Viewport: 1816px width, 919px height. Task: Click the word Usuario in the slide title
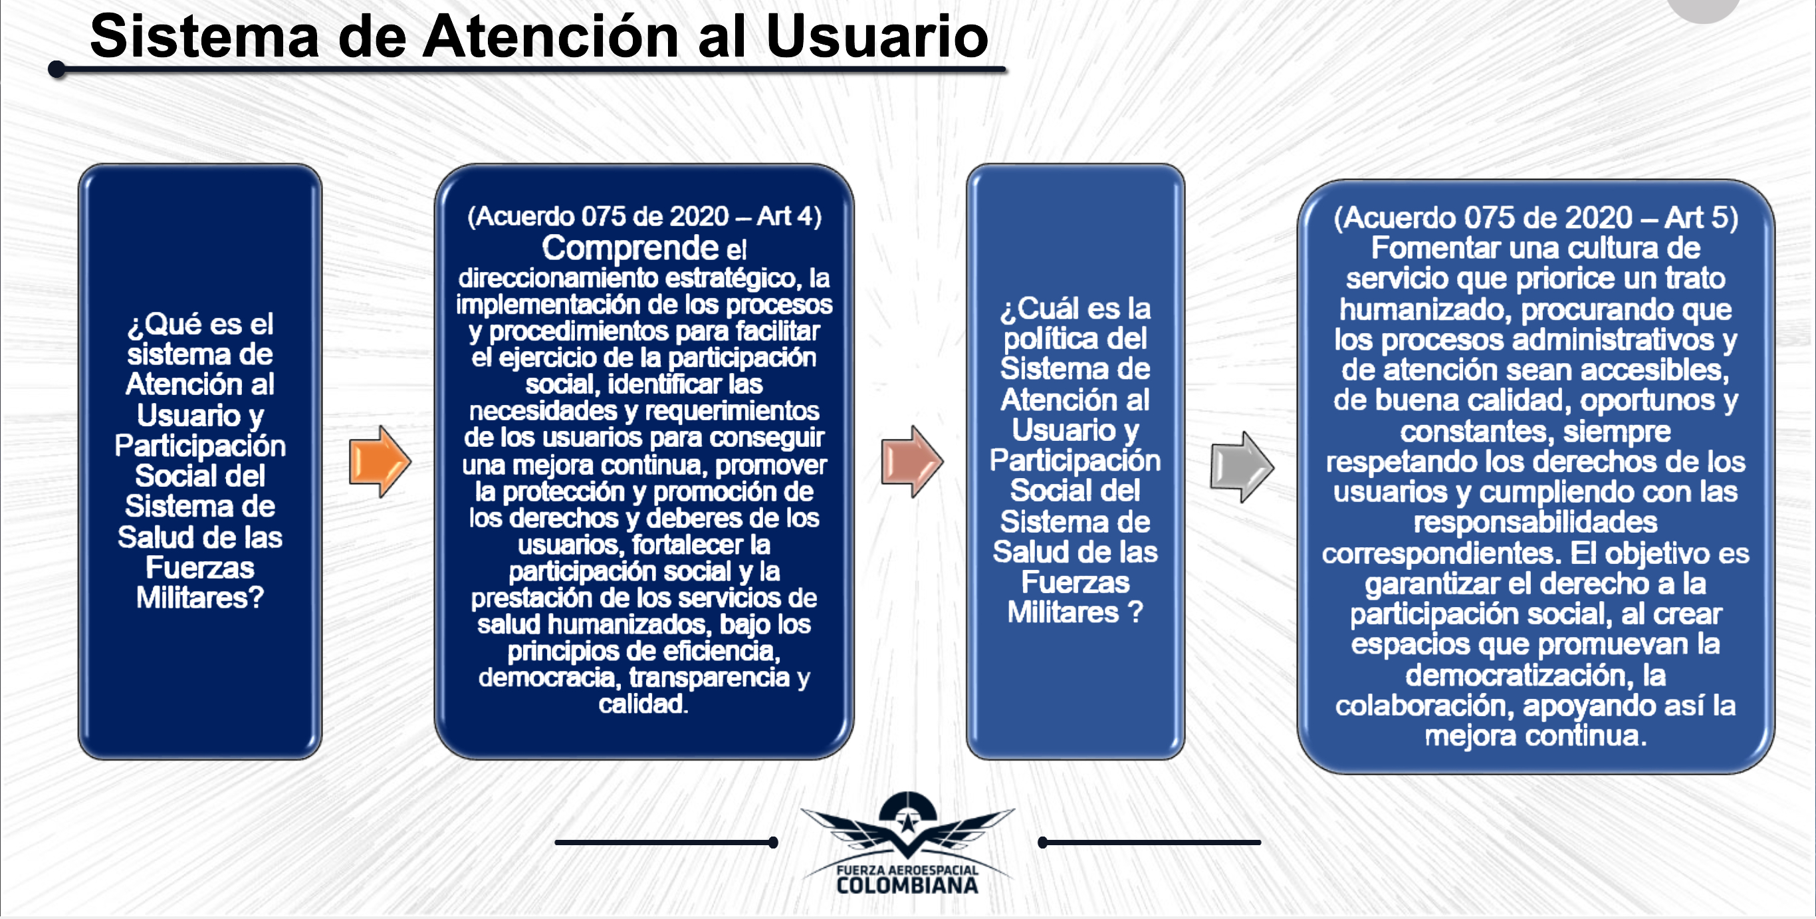coord(876,37)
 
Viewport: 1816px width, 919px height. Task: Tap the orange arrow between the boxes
coord(380,462)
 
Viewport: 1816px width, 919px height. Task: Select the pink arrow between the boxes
coord(911,462)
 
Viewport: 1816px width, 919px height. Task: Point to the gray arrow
coord(1242,467)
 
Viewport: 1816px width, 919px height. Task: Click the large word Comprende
coord(629,247)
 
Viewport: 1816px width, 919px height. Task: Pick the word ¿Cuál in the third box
coord(1040,308)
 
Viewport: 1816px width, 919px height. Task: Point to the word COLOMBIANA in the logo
coord(907,886)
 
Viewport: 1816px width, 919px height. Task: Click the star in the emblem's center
coord(907,822)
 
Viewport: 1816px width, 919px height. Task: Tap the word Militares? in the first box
coord(199,597)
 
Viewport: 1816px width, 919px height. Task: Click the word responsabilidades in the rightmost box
coord(1535,522)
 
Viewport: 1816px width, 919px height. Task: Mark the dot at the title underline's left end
coord(57,69)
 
